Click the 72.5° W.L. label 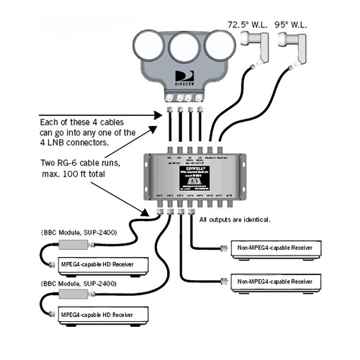click(246, 24)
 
